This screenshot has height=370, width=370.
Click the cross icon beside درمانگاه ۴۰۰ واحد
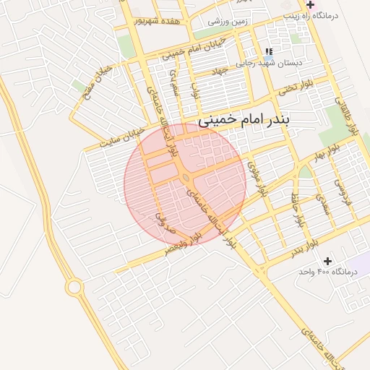point(328,260)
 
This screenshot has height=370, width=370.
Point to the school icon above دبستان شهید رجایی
point(269,51)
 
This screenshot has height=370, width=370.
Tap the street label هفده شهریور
point(157,20)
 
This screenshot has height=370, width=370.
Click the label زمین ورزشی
point(228,22)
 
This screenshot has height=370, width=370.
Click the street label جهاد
point(220,71)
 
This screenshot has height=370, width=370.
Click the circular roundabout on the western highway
point(74,287)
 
